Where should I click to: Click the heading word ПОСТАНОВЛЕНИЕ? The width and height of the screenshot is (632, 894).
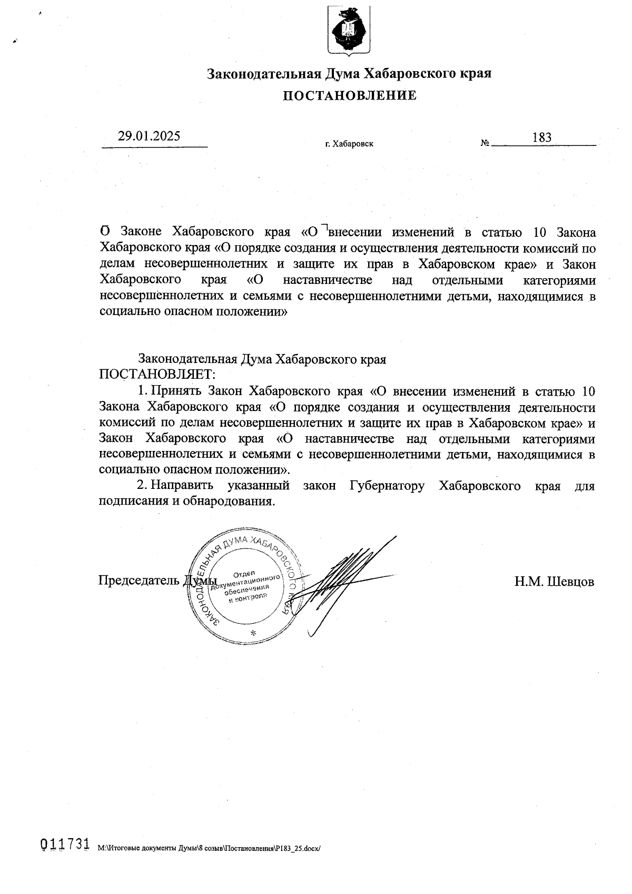click(350, 95)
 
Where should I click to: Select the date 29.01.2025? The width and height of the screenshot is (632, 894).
click(149, 136)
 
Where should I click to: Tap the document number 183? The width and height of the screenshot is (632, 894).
click(541, 138)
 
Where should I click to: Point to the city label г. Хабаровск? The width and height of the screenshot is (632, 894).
click(349, 143)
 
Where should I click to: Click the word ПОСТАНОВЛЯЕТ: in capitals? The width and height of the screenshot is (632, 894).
click(158, 375)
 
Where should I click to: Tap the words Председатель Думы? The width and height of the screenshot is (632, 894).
click(157, 580)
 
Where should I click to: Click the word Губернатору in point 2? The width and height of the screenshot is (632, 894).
click(387, 486)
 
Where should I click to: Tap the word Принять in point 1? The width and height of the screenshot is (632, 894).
click(177, 391)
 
